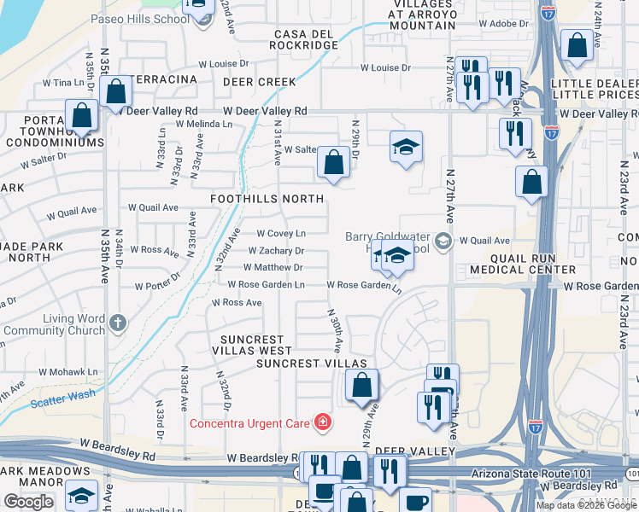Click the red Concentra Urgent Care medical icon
(x=322, y=422)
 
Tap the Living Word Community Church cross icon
(x=118, y=323)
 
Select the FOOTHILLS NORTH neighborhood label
(x=267, y=199)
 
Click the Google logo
(x=29, y=502)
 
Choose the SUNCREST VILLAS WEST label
(x=252, y=350)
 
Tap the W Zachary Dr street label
(x=276, y=251)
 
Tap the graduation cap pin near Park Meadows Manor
(x=81, y=495)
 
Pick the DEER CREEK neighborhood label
(x=260, y=82)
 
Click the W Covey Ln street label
(x=281, y=233)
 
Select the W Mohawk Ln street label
(x=67, y=372)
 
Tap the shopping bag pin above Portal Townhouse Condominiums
(x=82, y=115)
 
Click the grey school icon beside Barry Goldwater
(x=442, y=241)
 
